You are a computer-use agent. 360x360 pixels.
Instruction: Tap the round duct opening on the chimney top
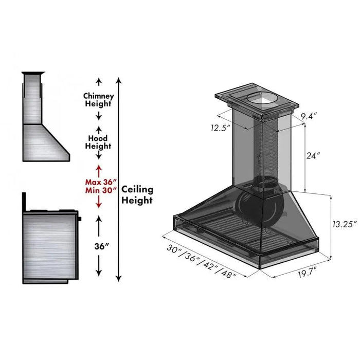262,100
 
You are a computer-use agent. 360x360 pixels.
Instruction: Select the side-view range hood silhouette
45,121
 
